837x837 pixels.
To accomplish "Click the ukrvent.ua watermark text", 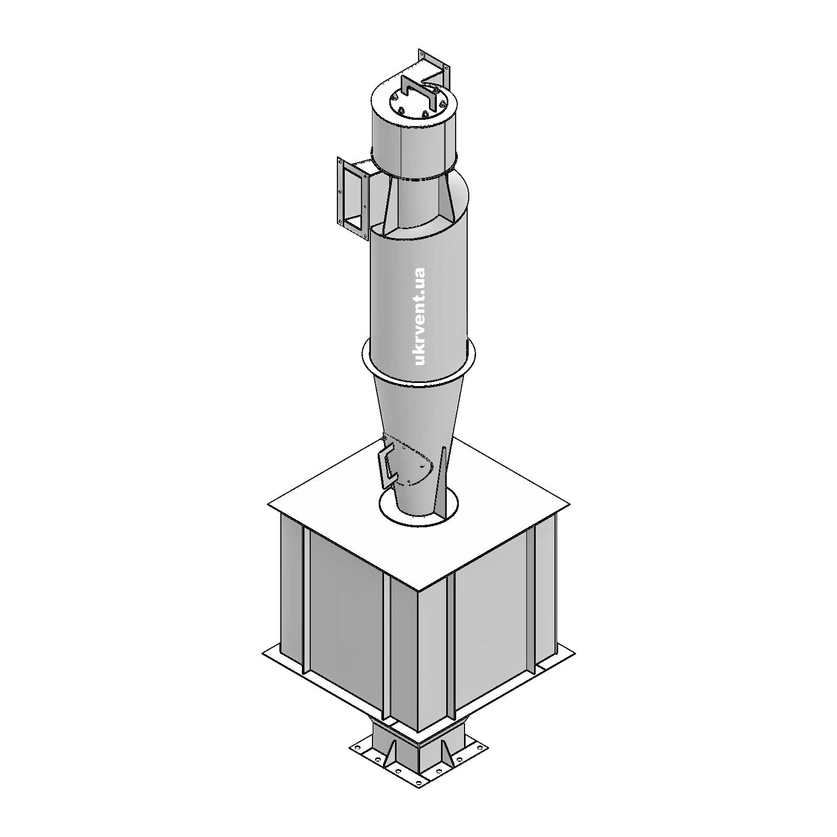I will (x=419, y=316).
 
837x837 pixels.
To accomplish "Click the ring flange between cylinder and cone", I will (x=418, y=361).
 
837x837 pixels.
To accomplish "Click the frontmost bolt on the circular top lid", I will (x=425, y=115).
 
